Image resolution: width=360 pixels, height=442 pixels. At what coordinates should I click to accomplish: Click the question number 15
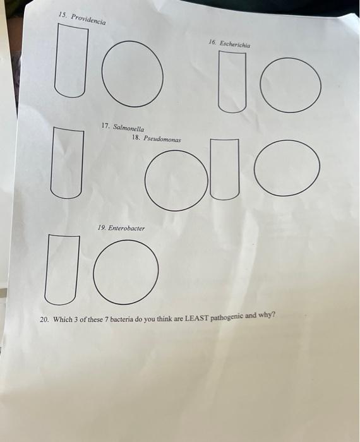61,14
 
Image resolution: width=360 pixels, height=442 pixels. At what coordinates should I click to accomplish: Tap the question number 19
101,226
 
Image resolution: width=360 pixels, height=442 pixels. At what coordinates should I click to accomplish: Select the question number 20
44,320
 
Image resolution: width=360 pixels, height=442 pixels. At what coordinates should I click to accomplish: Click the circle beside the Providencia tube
131,72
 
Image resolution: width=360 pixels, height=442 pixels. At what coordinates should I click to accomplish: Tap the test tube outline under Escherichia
232,81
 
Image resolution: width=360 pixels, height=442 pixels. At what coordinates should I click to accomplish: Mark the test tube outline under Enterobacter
61,268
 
